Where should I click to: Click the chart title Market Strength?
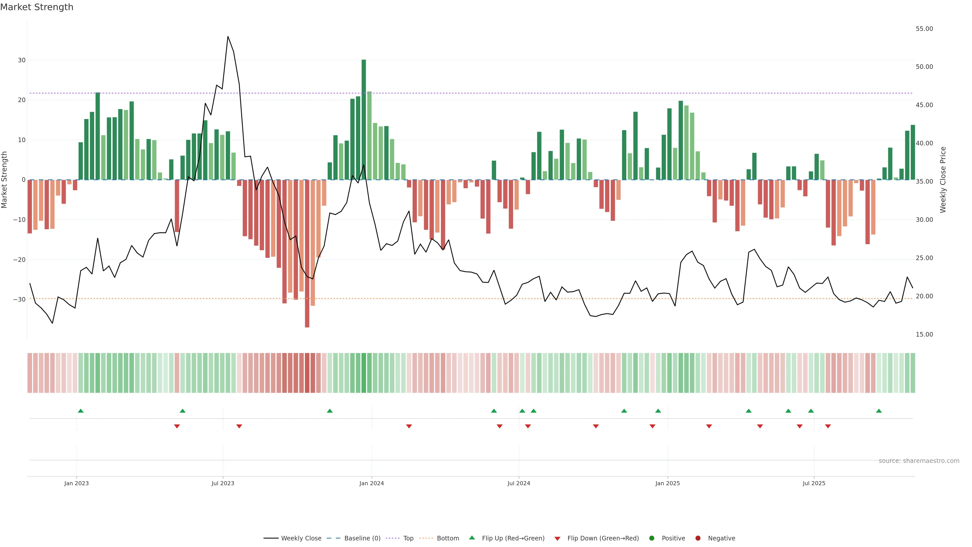37,7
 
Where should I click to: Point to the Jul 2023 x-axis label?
223,483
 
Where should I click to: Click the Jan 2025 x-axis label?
667,483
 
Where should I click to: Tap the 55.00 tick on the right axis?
924,29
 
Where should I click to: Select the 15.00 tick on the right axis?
924,335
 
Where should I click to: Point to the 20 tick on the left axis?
22,100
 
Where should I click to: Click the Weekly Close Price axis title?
943,180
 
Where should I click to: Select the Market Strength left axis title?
5,180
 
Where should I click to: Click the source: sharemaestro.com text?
919,461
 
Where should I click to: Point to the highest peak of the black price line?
228,37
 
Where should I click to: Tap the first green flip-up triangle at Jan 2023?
80,411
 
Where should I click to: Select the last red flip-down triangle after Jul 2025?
828,426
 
